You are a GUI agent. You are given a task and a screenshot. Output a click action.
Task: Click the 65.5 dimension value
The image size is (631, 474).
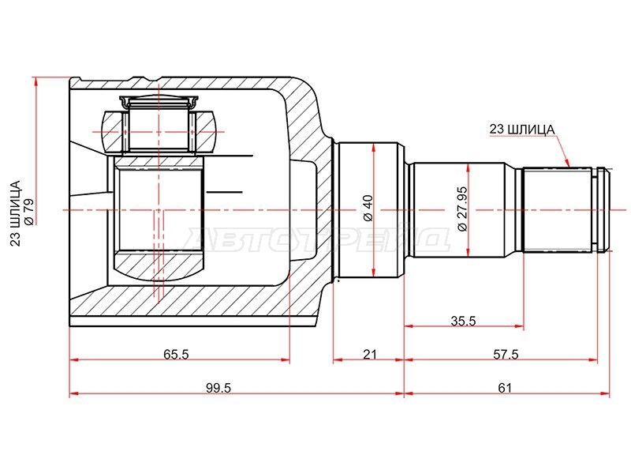point(176,354)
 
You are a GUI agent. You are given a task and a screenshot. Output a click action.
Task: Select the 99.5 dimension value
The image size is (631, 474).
point(218,388)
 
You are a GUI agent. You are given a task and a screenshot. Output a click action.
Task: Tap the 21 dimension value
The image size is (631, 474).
point(369,354)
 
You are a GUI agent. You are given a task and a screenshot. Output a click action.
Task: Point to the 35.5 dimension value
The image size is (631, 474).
point(463,321)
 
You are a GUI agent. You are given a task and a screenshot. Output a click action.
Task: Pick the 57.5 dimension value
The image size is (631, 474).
point(506,354)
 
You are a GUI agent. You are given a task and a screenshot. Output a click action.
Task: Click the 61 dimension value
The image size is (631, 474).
point(505,388)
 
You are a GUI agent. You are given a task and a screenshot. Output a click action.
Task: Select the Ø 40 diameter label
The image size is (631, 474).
point(368,208)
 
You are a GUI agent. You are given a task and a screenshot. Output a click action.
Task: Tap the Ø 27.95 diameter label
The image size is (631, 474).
point(463,209)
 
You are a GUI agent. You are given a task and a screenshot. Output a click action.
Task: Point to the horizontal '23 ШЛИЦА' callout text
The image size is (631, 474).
point(521,130)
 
